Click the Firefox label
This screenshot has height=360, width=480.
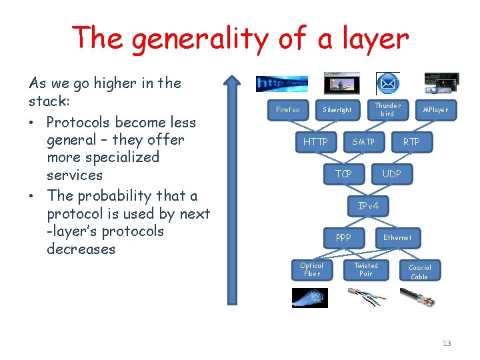coord(288,109)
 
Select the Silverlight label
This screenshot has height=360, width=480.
coord(337,109)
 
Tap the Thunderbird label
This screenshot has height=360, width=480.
coord(387,109)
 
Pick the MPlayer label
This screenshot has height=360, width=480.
coord(436,109)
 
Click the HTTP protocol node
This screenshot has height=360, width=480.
coord(315,142)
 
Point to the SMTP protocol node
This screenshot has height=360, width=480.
coord(363,142)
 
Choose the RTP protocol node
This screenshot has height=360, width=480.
coord(411,142)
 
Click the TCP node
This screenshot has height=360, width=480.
coord(343,174)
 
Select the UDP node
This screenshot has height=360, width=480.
coord(391,174)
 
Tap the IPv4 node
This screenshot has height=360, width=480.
coord(368,206)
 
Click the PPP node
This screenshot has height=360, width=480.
coord(343,237)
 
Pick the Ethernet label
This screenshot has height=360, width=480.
coord(397,237)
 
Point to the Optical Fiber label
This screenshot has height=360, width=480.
coord(311,269)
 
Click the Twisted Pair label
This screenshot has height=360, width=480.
coord(365,269)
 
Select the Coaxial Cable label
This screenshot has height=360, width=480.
coord(419,272)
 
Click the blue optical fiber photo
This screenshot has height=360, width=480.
coord(309,297)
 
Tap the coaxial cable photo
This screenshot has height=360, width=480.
coord(418,297)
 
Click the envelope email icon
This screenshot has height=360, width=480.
coord(387,84)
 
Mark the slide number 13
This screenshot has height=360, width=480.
coord(447,343)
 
